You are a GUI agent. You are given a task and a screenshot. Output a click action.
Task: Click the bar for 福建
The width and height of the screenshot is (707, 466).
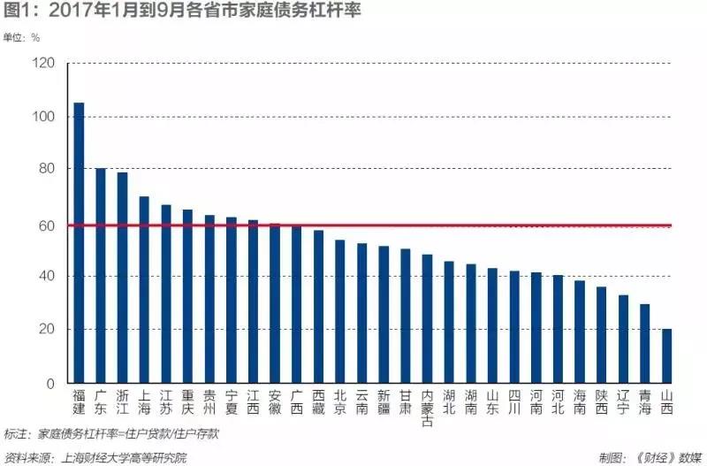coord(79,243)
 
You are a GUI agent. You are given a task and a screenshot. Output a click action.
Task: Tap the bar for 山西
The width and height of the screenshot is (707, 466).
coord(666,356)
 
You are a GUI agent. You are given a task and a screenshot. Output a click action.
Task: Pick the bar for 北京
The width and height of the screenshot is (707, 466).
coord(339,311)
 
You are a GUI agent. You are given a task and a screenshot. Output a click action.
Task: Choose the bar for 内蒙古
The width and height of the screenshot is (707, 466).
coord(427,319)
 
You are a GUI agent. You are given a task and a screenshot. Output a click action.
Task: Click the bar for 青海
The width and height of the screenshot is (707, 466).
coord(645,344)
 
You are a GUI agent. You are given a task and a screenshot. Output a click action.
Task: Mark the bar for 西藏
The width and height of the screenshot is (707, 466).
coord(318,307)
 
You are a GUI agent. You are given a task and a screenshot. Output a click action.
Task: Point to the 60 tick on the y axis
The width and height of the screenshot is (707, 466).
coord(46,225)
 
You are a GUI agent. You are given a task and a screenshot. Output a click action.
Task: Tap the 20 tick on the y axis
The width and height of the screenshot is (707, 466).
coord(46,331)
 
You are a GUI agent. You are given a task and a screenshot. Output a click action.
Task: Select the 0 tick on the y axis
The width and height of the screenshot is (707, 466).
coord(50,384)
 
